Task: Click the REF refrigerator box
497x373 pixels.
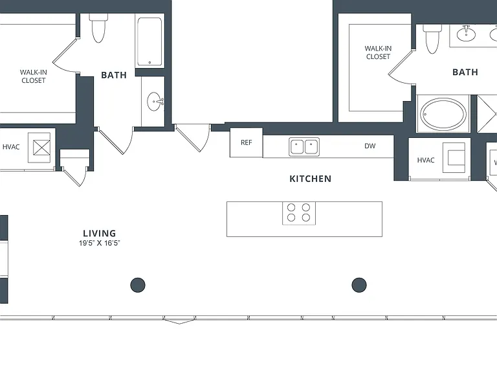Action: pos(247,142)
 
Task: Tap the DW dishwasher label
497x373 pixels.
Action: pos(370,146)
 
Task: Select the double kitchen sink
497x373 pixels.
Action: pos(304,147)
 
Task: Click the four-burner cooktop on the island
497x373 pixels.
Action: pos(299,213)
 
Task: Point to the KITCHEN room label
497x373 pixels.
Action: pos(311,179)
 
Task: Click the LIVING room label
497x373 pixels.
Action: pos(99,233)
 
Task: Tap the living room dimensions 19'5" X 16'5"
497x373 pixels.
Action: pos(100,243)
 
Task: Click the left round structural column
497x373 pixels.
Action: pos(138,285)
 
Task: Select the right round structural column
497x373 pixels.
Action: pos(359,284)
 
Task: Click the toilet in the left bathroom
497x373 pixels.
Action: pos(98,28)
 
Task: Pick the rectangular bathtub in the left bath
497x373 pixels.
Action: pos(149,41)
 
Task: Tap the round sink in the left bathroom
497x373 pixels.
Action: pos(155,102)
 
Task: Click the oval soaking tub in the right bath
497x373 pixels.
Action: pos(443,113)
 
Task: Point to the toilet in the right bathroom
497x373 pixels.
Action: pos(432,38)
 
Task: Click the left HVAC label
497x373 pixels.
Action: pos(11,147)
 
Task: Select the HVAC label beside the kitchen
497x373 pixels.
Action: pos(426,160)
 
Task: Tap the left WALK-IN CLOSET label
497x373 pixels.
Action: pos(33,76)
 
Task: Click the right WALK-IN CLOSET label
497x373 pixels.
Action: pos(378,52)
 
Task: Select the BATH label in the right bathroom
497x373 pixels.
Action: pos(465,73)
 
